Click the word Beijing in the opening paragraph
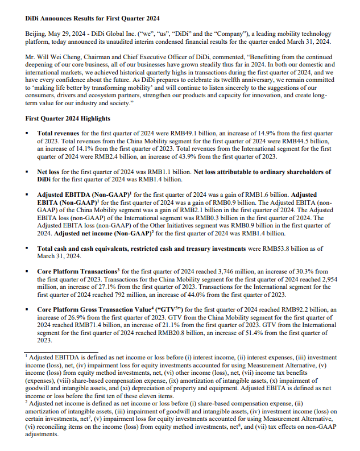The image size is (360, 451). (35, 34)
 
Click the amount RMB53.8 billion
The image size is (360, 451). (250, 249)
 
